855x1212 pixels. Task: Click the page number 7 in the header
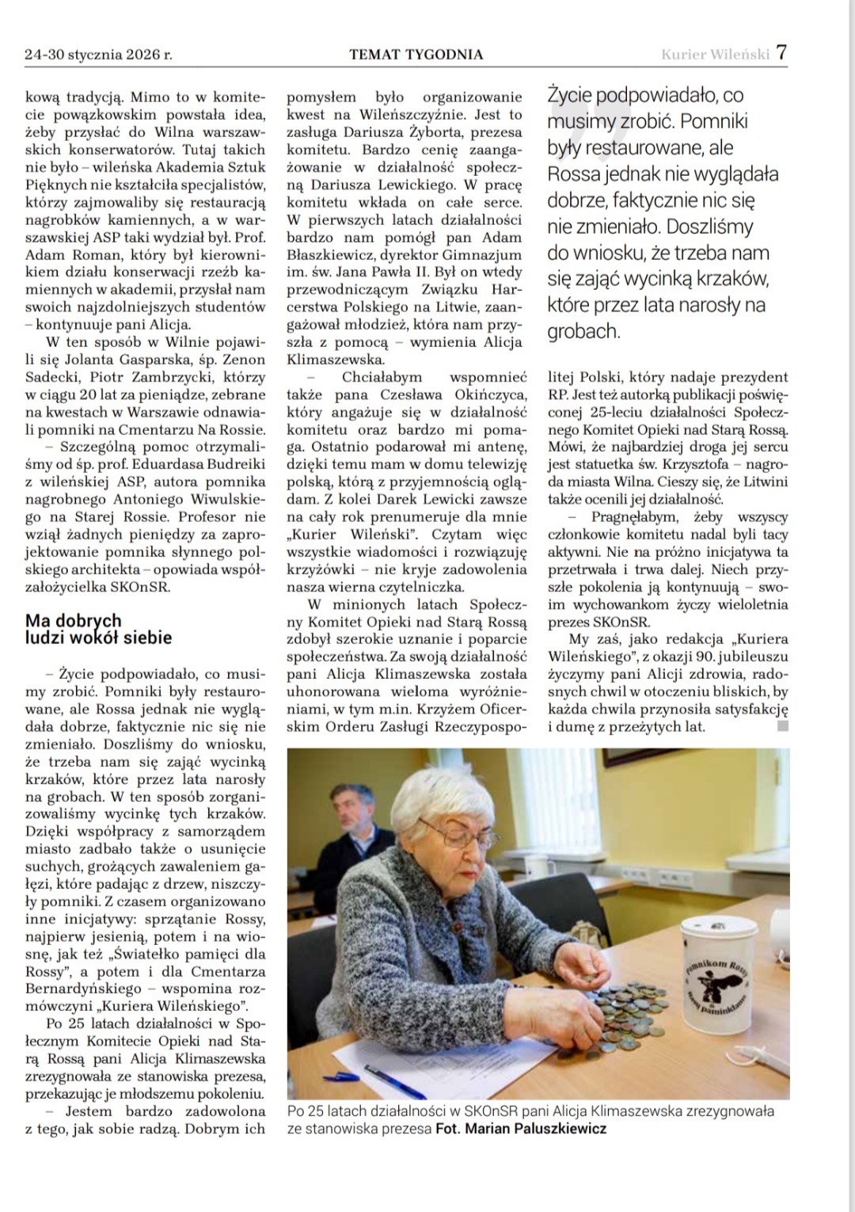(781, 53)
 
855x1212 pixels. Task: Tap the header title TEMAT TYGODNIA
(416, 55)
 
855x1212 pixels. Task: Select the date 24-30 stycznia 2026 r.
(99, 55)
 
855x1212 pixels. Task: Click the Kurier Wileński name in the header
(715, 55)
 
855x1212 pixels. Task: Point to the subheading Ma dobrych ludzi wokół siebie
(98, 629)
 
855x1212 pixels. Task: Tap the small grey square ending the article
(783, 726)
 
